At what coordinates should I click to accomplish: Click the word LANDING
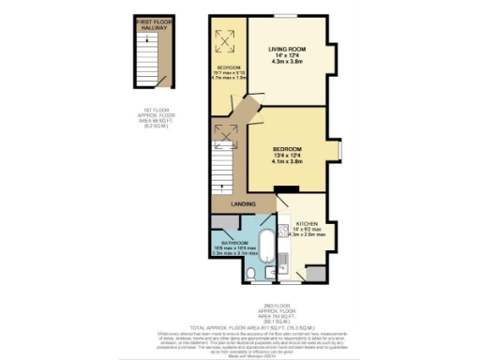(x=244, y=203)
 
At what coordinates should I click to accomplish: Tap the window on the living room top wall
(x=280, y=15)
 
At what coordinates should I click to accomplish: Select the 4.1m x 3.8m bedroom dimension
(x=286, y=161)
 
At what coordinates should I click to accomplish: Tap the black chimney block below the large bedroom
(x=280, y=188)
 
